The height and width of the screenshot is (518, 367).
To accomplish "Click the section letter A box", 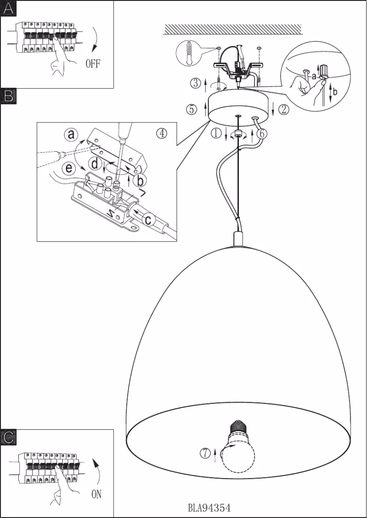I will [9, 9].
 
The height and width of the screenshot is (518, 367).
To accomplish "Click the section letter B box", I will [9, 95].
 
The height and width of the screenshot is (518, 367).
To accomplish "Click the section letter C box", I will [9, 437].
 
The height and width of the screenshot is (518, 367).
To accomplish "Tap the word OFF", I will [92, 64].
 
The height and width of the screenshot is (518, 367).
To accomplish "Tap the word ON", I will [96, 494].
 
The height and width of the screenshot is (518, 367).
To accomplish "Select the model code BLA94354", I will [209, 508].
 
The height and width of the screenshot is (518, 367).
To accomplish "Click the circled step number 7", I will [205, 453].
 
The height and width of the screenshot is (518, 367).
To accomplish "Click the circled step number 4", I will [162, 133].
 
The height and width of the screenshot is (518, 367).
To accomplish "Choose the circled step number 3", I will [196, 83].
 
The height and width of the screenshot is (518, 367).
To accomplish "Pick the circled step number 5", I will [192, 109].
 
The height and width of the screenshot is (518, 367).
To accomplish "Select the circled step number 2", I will [284, 109].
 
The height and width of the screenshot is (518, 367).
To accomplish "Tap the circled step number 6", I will [261, 134].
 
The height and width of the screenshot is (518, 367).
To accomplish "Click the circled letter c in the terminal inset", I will [148, 219].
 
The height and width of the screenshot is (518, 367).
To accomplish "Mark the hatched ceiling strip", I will [232, 29].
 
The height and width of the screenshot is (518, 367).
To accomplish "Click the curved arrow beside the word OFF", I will [97, 41].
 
